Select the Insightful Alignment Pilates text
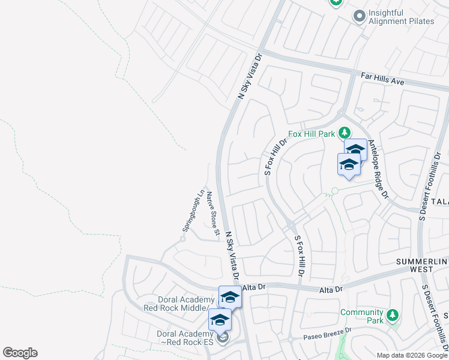(402, 17)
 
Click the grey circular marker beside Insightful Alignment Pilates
(360, 16)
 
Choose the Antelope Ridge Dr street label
(379, 169)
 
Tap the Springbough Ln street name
(193, 212)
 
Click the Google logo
(20, 353)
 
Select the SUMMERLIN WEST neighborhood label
(423, 266)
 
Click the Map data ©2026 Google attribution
(412, 355)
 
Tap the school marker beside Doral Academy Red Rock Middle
(230, 296)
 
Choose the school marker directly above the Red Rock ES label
(220, 319)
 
